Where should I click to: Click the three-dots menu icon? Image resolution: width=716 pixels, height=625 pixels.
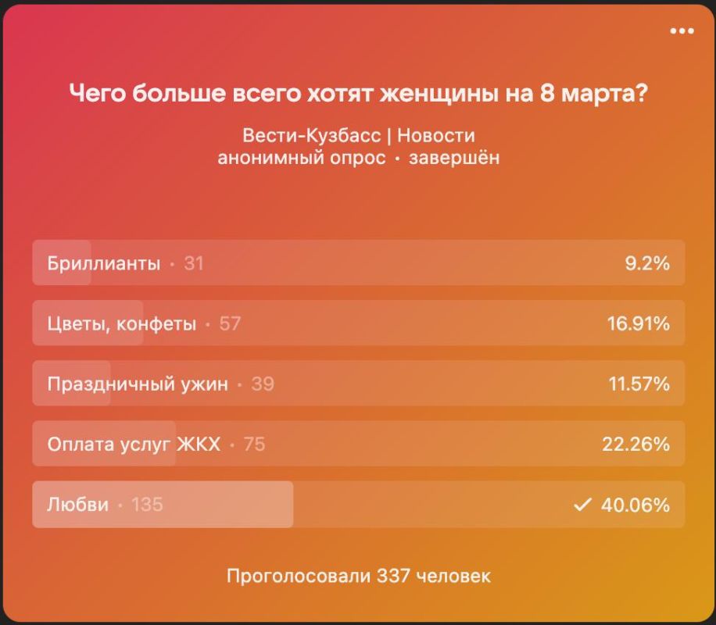click(x=682, y=31)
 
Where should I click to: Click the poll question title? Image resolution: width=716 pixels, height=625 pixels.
click(x=358, y=94)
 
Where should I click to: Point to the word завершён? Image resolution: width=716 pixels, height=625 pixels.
click(x=455, y=158)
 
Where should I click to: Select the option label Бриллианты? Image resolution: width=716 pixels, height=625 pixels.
click(x=103, y=263)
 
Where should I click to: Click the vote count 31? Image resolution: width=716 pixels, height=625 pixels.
click(x=194, y=263)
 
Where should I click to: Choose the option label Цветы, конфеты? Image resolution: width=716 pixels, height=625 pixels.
click(x=121, y=323)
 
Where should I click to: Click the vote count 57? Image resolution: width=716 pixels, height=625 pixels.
click(x=230, y=323)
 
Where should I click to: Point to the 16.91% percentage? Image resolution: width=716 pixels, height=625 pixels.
click(x=638, y=323)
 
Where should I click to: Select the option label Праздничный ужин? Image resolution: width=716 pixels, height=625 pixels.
click(x=138, y=384)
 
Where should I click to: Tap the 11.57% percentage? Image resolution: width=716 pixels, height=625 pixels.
click(x=638, y=384)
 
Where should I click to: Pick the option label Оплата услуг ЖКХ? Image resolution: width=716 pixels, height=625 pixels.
click(x=134, y=445)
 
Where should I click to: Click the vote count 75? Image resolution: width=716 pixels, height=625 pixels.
click(x=254, y=445)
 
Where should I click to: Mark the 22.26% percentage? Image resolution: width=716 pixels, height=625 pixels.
click(x=635, y=445)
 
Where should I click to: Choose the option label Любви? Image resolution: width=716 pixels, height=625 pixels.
click(x=77, y=505)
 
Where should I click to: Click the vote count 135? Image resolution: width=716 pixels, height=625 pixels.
click(x=147, y=505)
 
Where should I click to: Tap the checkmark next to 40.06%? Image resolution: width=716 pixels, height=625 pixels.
click(x=582, y=505)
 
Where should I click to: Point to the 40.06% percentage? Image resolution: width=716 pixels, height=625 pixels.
click(x=635, y=505)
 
